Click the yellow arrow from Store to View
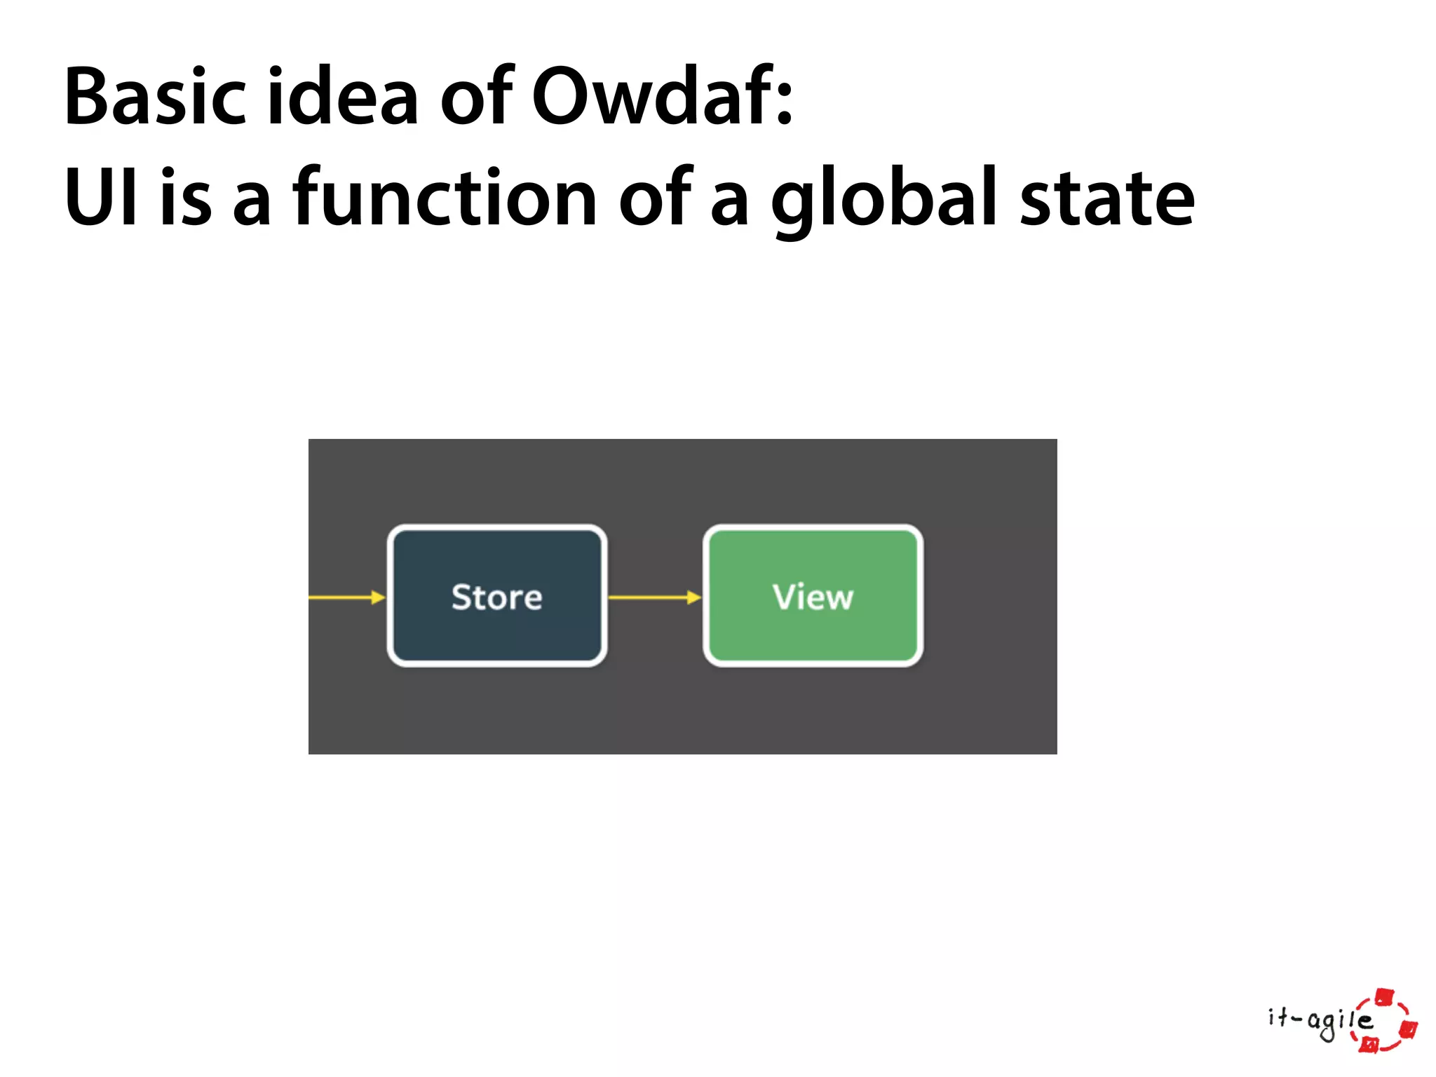(x=652, y=597)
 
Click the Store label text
(x=496, y=597)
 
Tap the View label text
(x=813, y=597)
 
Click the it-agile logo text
(x=1318, y=1021)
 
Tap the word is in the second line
(x=186, y=198)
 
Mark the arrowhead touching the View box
(x=694, y=597)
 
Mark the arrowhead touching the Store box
(x=379, y=597)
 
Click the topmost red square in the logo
(x=1384, y=996)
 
